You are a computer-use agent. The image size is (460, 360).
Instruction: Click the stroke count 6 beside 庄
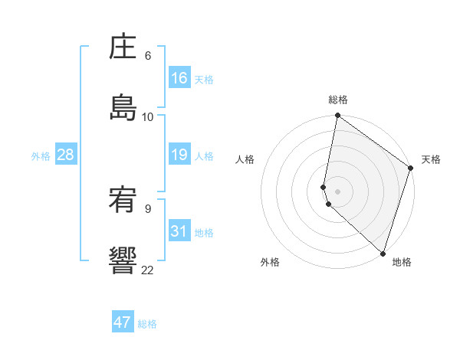click(x=147, y=56)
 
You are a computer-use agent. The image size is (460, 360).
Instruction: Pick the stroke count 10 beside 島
click(x=148, y=116)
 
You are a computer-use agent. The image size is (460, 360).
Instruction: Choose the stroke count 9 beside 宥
click(x=147, y=208)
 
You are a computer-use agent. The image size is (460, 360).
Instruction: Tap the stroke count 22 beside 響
click(x=148, y=270)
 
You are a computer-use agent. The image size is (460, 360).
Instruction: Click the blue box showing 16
click(x=179, y=78)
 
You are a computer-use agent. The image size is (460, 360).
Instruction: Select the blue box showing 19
click(x=179, y=155)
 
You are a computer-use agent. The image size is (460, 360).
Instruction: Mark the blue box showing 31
click(x=179, y=231)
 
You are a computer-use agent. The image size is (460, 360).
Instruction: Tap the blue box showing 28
click(x=66, y=155)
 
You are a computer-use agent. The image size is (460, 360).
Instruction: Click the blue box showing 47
click(x=123, y=322)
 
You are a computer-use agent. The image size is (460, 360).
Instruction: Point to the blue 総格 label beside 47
click(x=147, y=324)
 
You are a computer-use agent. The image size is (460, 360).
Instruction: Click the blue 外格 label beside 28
click(x=41, y=156)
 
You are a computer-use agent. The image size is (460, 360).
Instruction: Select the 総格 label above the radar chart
click(x=338, y=100)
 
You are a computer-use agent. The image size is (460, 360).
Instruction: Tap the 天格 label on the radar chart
click(x=431, y=159)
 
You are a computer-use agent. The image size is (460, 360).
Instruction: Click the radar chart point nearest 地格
click(x=383, y=253)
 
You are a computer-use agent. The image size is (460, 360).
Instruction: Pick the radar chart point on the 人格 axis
click(x=324, y=186)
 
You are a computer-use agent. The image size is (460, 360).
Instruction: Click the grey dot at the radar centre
click(x=338, y=191)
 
